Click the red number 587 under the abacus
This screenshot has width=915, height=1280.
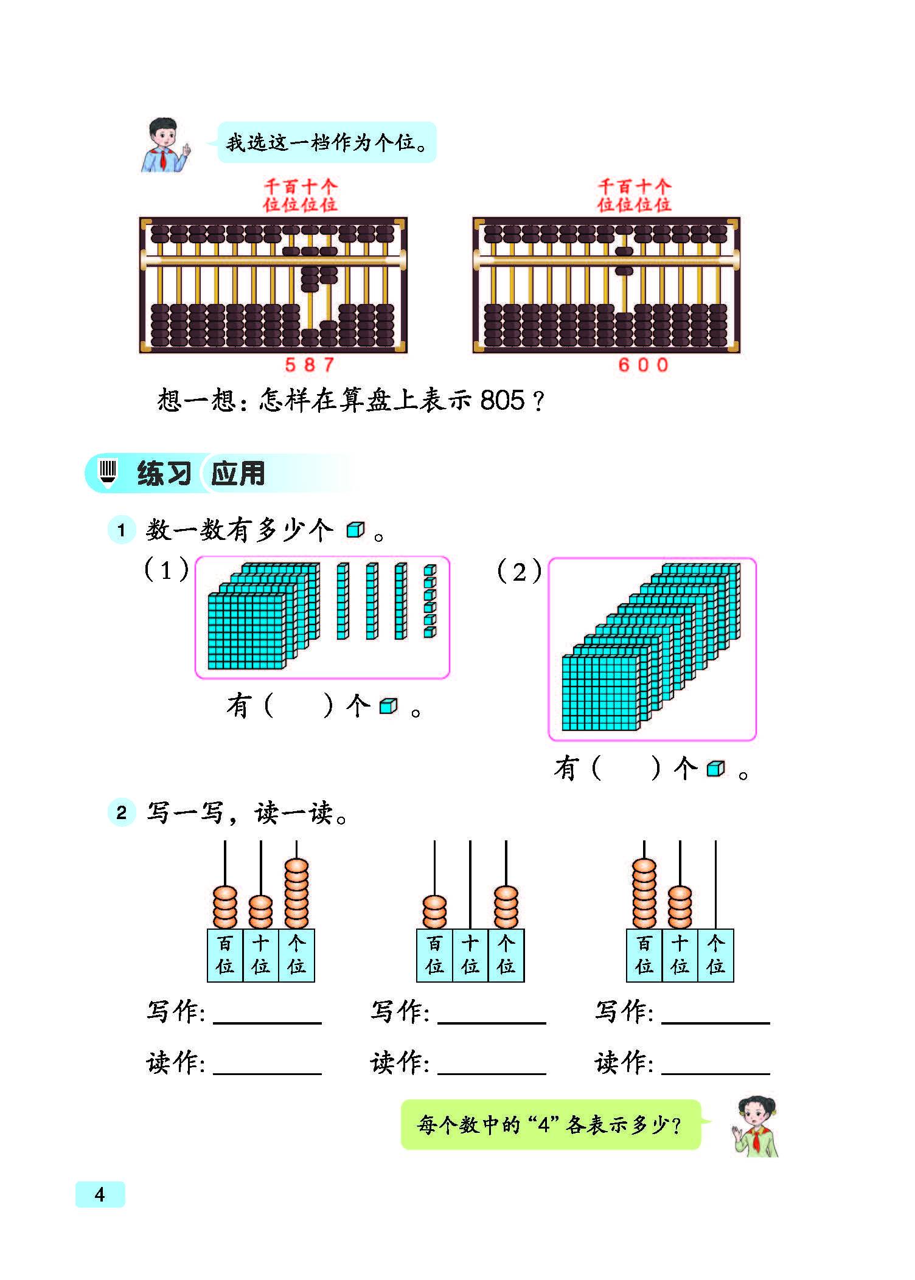click(310, 365)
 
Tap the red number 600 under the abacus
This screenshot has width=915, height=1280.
click(643, 365)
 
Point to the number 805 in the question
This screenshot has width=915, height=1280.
click(502, 400)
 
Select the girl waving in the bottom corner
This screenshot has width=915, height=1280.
click(756, 1127)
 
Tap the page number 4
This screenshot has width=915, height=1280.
click(100, 1194)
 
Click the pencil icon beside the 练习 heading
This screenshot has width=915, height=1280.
click(108, 473)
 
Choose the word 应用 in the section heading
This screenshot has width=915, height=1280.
click(238, 473)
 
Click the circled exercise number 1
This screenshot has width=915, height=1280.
click(121, 530)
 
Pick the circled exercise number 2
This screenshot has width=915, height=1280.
click(121, 812)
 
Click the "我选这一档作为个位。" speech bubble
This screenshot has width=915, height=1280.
click(327, 142)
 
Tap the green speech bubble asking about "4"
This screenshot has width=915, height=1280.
click(551, 1125)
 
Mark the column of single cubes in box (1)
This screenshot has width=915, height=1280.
click(430, 601)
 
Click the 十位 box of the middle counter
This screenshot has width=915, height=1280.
click(470, 955)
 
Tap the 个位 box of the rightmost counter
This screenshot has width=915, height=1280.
click(715, 955)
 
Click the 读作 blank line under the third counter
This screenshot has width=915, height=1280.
click(715, 1073)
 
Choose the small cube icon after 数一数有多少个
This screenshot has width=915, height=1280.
click(355, 530)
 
